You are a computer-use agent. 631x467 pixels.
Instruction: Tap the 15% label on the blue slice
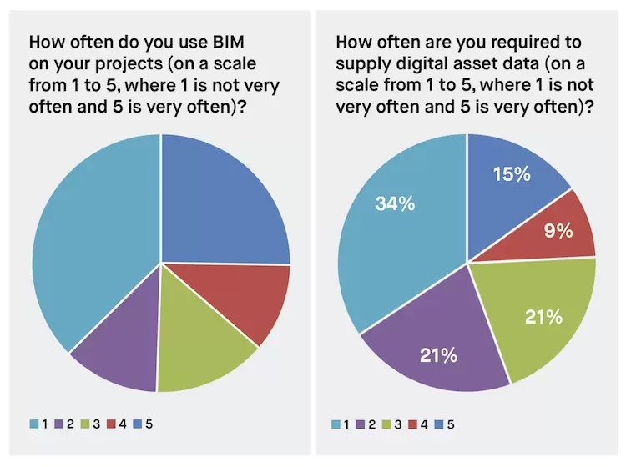512,174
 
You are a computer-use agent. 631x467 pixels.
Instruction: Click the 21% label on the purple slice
437,356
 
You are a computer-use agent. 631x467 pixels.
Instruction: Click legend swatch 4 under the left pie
110,424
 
